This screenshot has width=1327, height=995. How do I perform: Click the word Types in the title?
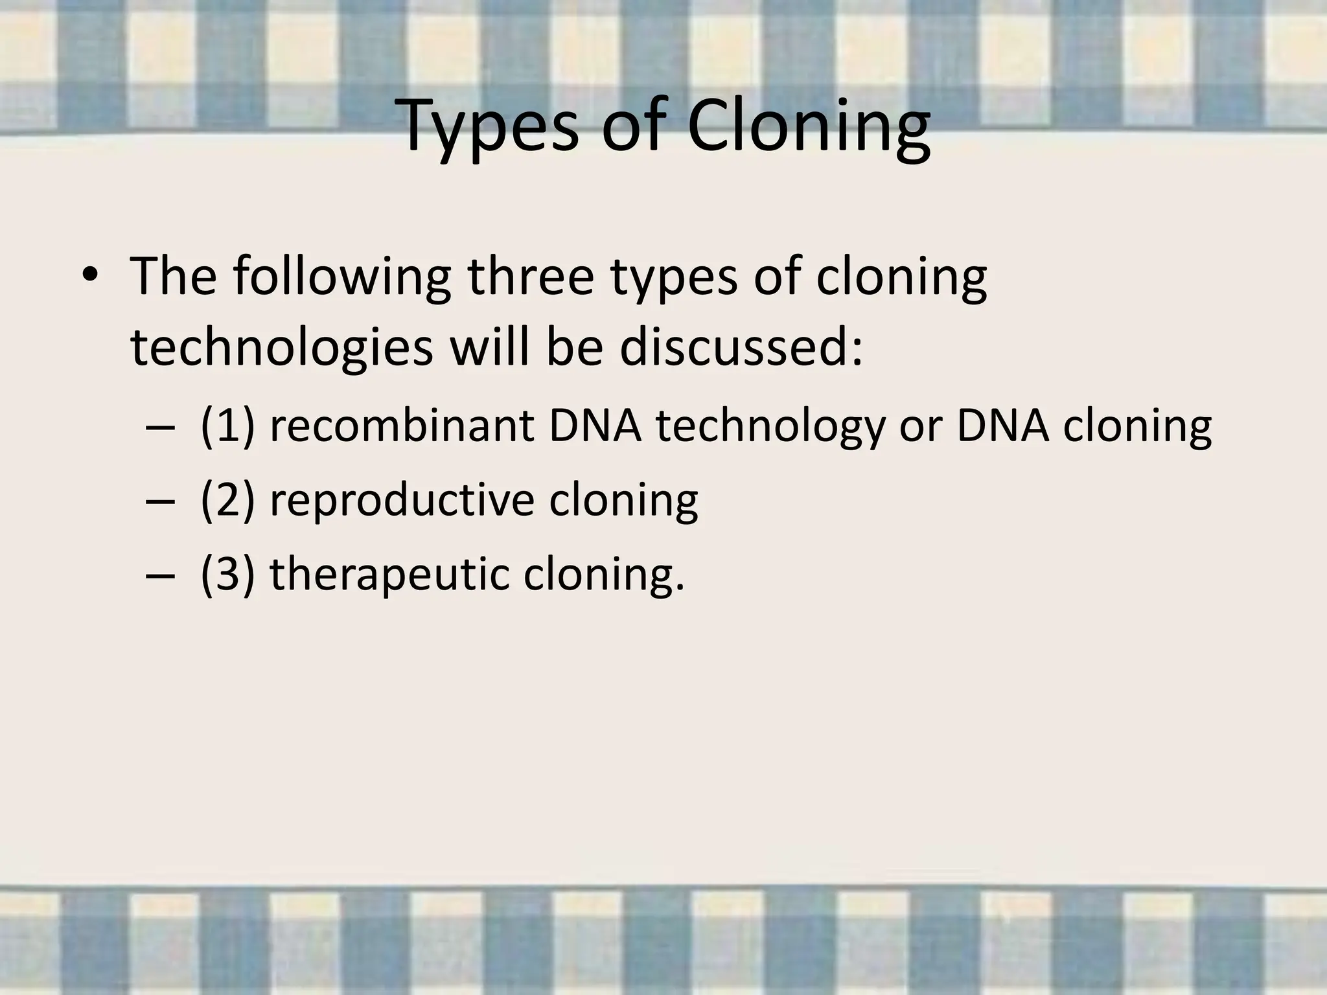click(x=490, y=128)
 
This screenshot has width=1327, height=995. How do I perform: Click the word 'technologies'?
click(x=281, y=347)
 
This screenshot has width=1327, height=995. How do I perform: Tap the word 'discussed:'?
click(x=741, y=347)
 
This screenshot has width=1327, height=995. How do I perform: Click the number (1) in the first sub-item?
click(x=227, y=427)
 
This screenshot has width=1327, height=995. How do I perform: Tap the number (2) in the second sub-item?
click(x=227, y=501)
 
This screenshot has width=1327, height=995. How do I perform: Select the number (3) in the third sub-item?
click(x=227, y=574)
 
